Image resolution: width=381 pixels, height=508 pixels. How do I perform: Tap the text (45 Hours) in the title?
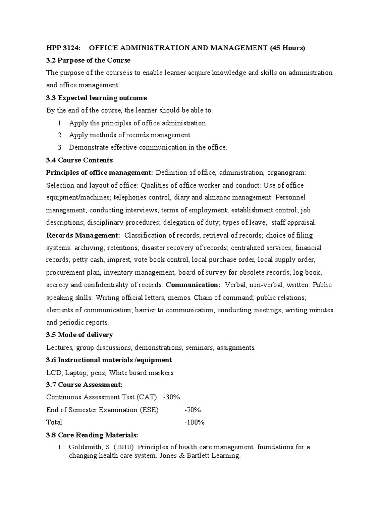[287, 48]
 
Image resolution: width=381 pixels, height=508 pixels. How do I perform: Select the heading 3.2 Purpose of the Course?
[88, 60]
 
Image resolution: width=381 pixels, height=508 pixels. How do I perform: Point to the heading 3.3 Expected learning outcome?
[96, 98]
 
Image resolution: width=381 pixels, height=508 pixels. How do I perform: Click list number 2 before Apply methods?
[59, 135]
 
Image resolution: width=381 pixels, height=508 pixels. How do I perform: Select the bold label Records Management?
[83, 235]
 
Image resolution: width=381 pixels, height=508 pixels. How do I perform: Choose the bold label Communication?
[193, 285]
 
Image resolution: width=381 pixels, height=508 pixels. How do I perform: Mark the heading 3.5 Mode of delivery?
[79, 335]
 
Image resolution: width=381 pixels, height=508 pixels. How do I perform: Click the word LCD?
[53, 373]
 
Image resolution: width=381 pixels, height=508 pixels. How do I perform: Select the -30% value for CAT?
[171, 397]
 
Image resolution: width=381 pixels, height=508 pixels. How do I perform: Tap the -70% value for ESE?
[192, 410]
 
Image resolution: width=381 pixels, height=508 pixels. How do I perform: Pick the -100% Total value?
[194, 422]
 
